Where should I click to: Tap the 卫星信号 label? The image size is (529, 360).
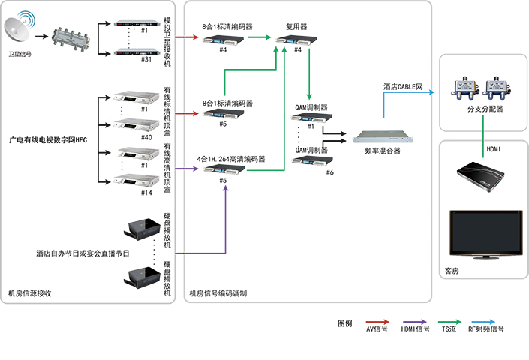coord(20,54)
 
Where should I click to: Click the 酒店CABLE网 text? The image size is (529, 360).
coord(403,87)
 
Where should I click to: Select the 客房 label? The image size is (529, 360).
coord(452,271)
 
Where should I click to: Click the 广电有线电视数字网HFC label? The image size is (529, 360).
coord(48,139)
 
